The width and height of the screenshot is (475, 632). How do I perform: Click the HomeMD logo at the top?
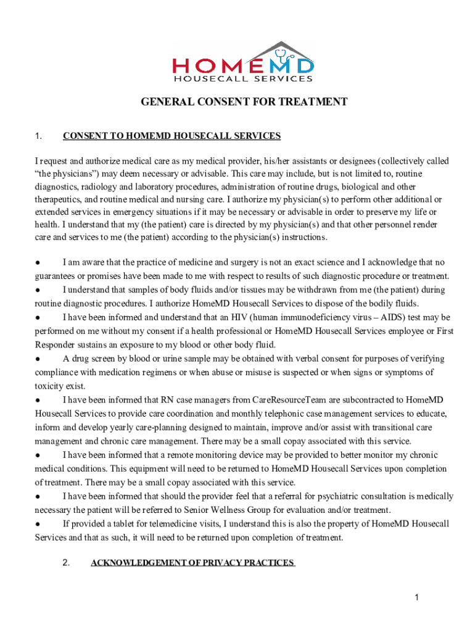pos(243,62)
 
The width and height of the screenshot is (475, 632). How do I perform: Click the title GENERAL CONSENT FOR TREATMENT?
pos(244,102)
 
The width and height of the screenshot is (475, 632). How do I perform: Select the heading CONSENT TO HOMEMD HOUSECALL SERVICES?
pos(171,136)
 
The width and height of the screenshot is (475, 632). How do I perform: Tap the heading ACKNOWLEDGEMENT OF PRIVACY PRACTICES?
pos(192,562)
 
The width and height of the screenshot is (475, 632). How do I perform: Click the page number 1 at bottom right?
pos(417,597)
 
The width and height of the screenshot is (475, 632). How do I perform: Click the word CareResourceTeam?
pos(270,400)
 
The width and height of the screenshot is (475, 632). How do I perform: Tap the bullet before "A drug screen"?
pos(38,359)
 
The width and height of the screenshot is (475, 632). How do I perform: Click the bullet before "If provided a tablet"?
pos(38,524)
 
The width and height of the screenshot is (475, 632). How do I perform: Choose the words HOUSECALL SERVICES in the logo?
pos(243,79)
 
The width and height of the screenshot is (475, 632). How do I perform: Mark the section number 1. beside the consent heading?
pos(38,136)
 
